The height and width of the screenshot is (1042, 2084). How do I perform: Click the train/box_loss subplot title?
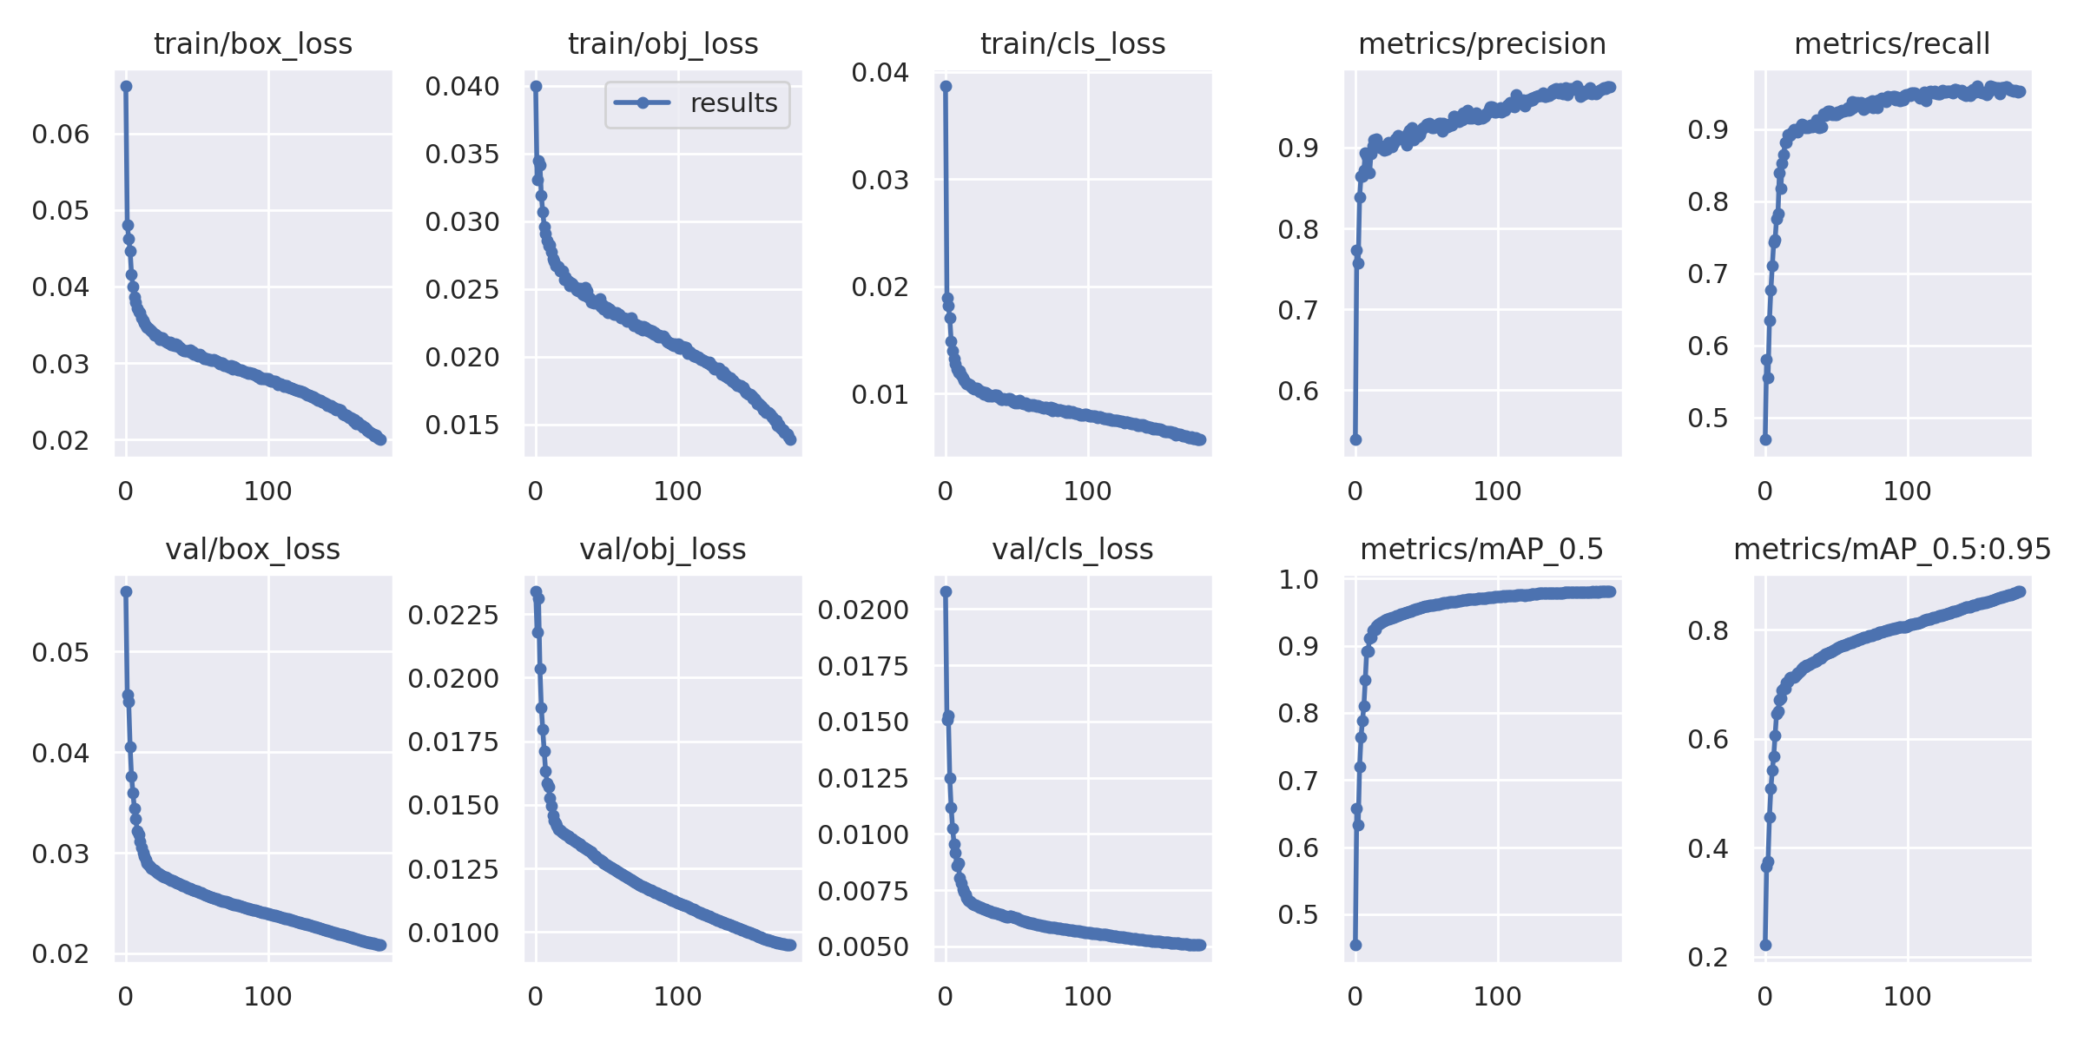253,43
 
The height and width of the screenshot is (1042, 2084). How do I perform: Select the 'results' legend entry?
697,103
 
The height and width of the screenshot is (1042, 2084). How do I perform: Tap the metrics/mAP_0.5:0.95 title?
1892,549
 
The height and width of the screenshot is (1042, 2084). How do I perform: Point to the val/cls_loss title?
1072,549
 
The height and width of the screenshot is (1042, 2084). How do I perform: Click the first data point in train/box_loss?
126,86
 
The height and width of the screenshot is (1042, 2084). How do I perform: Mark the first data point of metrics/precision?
1355,439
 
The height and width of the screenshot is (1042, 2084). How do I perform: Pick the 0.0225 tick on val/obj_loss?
453,615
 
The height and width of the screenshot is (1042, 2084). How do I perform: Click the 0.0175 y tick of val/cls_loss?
863,666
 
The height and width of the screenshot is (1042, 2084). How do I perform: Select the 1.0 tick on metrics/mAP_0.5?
1298,579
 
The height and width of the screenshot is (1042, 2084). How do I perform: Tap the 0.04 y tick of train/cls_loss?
880,72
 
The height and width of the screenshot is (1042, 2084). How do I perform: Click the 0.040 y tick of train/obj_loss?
462,86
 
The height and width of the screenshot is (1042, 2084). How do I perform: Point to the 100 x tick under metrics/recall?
1907,491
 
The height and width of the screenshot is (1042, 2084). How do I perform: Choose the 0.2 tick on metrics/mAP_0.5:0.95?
1708,957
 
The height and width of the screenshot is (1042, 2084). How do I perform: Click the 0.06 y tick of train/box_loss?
61,134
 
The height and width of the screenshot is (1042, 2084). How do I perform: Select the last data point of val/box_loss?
380,945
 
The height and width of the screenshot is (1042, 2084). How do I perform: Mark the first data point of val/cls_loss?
946,591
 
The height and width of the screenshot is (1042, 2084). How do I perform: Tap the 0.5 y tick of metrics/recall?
1708,418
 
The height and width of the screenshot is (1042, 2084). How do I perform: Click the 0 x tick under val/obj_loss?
536,997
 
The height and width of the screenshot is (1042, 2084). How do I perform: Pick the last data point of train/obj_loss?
790,439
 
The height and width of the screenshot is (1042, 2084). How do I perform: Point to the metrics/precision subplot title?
1482,43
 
